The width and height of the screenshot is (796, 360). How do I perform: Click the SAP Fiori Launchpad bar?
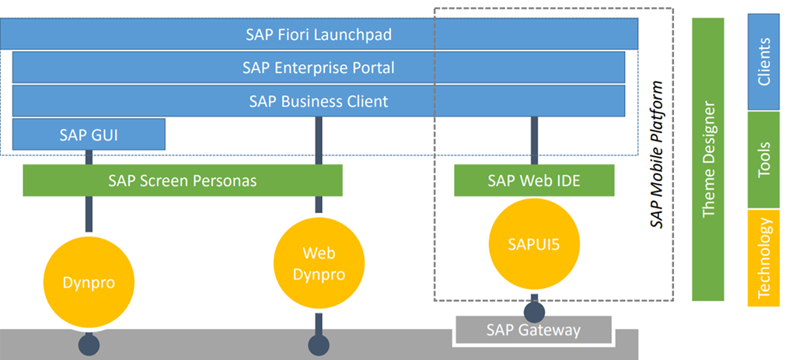[319, 34]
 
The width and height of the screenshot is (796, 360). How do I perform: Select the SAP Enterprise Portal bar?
[319, 68]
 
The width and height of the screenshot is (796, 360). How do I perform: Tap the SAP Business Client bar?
[319, 101]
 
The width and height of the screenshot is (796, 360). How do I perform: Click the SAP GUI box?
[89, 134]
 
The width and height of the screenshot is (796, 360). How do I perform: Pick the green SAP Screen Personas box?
[183, 180]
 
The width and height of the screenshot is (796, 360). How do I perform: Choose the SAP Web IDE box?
[534, 180]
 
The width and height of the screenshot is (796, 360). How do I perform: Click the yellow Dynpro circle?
[89, 282]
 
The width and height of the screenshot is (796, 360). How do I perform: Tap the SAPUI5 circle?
[534, 244]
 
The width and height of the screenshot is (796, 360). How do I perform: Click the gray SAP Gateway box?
[534, 330]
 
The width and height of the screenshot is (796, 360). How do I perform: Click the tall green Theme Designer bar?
[708, 159]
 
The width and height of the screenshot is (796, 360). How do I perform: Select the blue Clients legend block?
[763, 63]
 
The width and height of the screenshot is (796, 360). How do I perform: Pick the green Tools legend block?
[763, 159]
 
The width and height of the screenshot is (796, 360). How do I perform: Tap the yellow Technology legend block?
[763, 257]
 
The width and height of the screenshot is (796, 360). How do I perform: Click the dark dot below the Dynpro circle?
[89, 343]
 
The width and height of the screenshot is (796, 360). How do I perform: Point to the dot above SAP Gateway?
[534, 311]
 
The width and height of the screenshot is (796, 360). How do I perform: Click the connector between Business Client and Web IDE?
[534, 141]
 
